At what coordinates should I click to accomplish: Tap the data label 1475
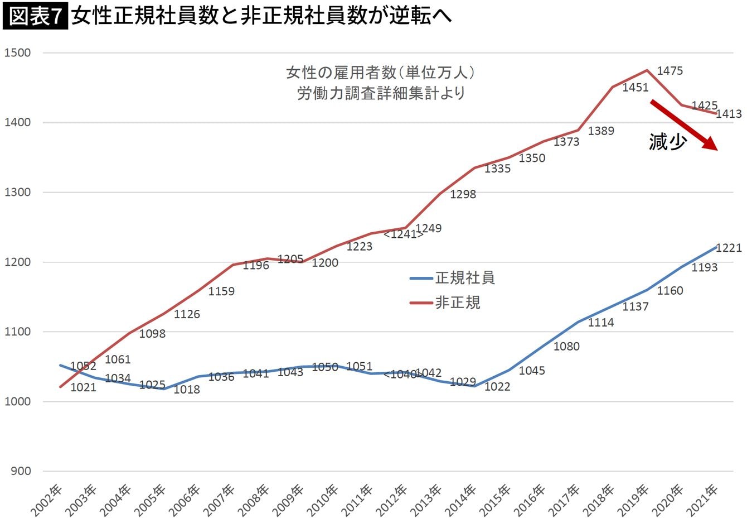coord(670,71)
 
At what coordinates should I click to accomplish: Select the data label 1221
coord(729,248)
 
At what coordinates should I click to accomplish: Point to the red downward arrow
coord(683,125)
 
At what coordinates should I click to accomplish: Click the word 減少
coord(667,142)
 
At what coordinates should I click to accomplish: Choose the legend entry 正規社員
coord(464,278)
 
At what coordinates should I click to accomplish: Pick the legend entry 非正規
coord(457,303)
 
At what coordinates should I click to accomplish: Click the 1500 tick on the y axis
coord(17,53)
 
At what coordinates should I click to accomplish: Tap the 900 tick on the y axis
coord(20,471)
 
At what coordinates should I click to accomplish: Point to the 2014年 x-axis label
coord(463,501)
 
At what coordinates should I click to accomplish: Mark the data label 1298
coord(463,194)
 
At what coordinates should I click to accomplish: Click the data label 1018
coord(186,390)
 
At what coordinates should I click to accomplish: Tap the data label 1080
coord(566,347)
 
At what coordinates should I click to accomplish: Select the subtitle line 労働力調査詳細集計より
coord(381,93)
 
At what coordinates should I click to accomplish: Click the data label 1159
coord(221,291)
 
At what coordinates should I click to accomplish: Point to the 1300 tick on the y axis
coord(17,193)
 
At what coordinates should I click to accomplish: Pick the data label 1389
coord(601,131)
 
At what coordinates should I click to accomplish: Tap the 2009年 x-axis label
coord(290,501)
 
